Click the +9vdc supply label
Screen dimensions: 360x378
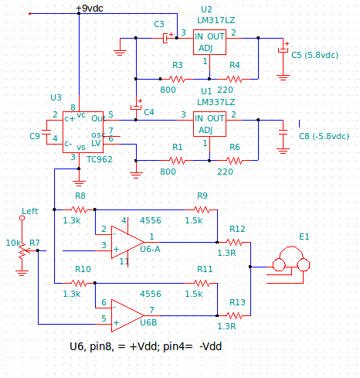coord(90,9)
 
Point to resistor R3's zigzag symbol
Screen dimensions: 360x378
coord(177,79)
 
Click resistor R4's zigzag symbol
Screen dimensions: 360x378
coord(234,79)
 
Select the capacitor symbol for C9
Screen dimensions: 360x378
coord(46,132)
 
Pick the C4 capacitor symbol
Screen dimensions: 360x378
coord(136,107)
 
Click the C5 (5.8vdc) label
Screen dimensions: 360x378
coord(314,55)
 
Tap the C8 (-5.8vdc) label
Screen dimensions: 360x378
coord(324,136)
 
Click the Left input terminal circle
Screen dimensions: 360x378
coord(22,218)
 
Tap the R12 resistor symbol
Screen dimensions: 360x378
coord(234,242)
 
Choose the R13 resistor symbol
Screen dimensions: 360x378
coord(234,315)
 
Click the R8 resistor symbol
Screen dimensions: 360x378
coord(79,209)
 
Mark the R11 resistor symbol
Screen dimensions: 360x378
coord(202,283)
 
